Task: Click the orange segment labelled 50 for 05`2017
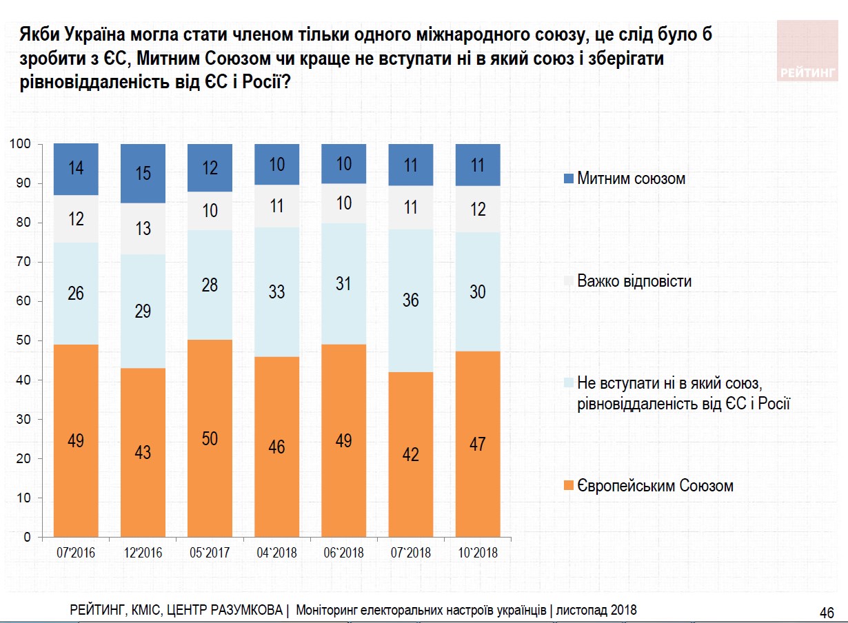(x=210, y=438)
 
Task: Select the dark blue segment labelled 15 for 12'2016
(x=143, y=174)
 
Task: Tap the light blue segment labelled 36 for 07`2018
(x=410, y=300)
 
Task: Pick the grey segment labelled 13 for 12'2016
(x=143, y=229)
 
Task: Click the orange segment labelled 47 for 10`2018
(x=477, y=444)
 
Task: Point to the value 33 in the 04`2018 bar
(x=276, y=292)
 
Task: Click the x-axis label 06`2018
(x=343, y=553)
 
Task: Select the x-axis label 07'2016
(x=76, y=553)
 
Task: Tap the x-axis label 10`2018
(x=477, y=553)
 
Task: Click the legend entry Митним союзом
(x=631, y=179)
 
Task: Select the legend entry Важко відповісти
(x=634, y=281)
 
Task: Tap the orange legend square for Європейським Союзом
(x=569, y=486)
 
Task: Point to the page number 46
(x=827, y=612)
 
